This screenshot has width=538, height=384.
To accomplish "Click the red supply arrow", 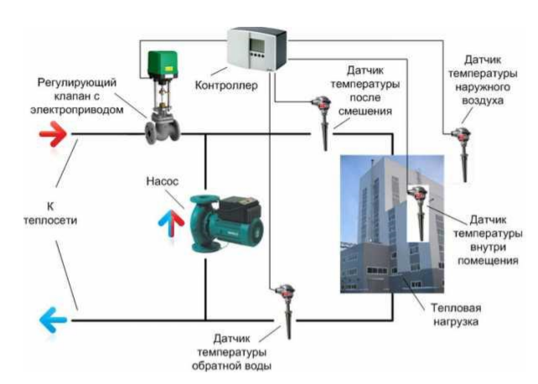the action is click(x=53, y=134).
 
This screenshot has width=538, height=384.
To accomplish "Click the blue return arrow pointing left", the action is click(x=53, y=319).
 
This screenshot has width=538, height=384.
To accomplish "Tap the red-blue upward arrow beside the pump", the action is click(x=171, y=224).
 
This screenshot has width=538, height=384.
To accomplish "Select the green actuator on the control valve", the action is click(x=163, y=64).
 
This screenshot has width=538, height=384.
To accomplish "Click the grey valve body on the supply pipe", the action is click(x=163, y=128).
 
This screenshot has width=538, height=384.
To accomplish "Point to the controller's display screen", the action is click(x=256, y=44).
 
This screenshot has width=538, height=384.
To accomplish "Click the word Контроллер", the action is click(x=226, y=86).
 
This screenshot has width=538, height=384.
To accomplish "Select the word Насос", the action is click(x=163, y=181).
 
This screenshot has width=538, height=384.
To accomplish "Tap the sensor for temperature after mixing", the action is click(x=323, y=122).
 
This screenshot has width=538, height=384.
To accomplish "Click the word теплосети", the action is click(x=50, y=221).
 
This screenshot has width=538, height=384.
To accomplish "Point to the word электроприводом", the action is click(x=77, y=110).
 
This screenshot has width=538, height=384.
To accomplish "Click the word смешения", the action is click(x=365, y=112).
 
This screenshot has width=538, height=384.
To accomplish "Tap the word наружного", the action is click(x=483, y=87).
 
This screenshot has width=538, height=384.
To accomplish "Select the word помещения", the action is click(x=488, y=261).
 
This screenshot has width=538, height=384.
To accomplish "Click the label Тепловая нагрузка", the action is click(x=456, y=315).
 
